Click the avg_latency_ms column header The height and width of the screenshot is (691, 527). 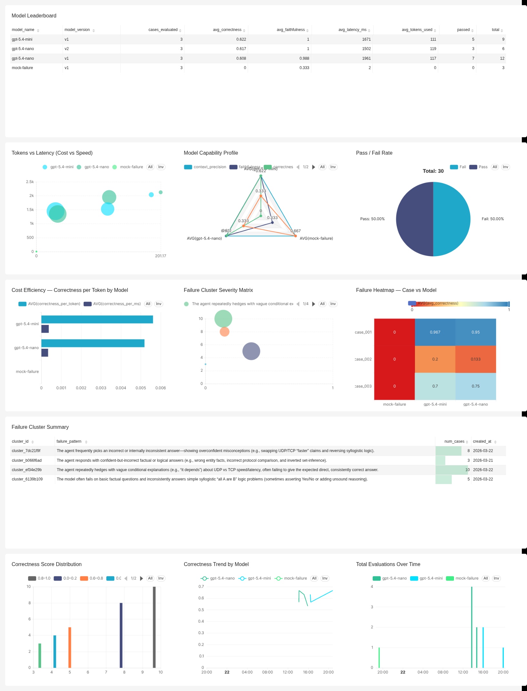tap(352, 30)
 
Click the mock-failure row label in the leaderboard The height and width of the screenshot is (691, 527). tap(22, 68)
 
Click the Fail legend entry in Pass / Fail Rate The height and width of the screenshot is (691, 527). tap(458, 167)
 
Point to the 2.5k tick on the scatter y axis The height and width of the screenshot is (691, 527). tap(30, 182)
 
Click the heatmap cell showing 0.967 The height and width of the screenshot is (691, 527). tap(435, 332)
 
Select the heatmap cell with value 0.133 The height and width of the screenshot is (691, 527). tap(475, 359)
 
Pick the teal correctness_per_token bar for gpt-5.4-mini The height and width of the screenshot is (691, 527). tap(97, 319)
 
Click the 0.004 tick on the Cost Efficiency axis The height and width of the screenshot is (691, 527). tap(121, 388)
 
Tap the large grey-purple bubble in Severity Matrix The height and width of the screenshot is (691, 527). tap(251, 351)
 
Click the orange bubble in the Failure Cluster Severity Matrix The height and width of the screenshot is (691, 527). tap(224, 331)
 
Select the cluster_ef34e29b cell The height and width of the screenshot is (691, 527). tap(27, 470)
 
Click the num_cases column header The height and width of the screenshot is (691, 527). tap(454, 441)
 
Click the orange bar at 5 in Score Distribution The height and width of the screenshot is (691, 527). tap(70, 647)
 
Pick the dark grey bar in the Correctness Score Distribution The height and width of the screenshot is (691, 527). tap(154, 627)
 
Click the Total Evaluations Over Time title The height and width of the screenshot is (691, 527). tap(388, 564)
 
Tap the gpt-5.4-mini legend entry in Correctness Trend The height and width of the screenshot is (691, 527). tap(255, 578)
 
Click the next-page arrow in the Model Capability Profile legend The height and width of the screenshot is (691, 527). tap(313, 167)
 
